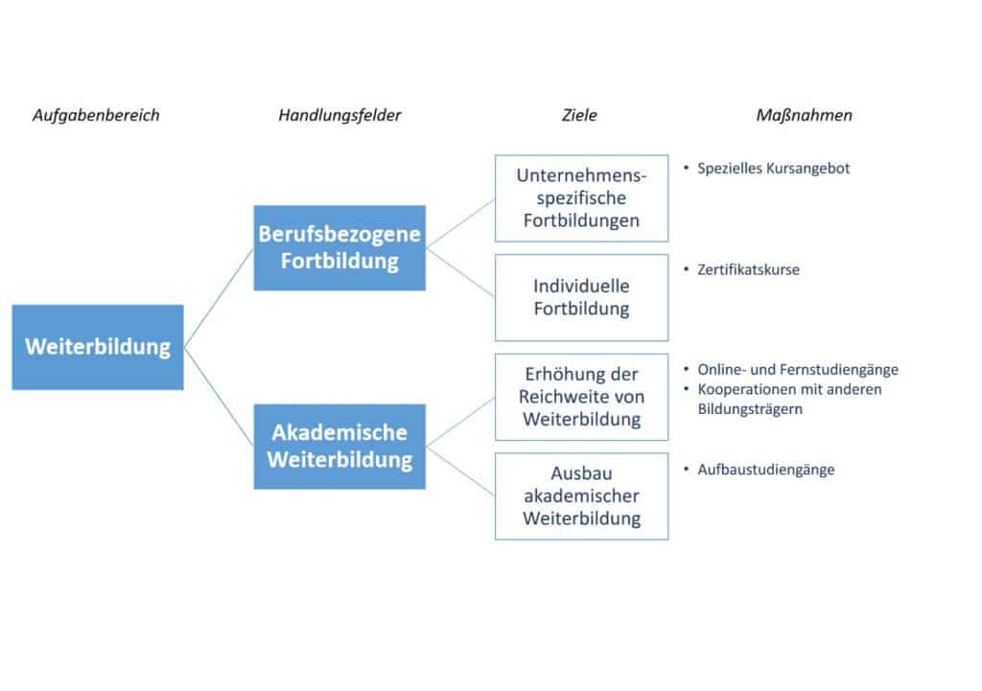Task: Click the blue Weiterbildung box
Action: click(x=98, y=347)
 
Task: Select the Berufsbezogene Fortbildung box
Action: click(x=339, y=248)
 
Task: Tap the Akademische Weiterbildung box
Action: click(x=339, y=447)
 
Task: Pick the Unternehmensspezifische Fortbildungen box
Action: click(x=581, y=198)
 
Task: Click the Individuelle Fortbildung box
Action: click(x=581, y=297)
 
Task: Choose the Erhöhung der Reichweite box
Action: click(x=581, y=397)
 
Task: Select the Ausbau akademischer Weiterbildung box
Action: click(x=581, y=496)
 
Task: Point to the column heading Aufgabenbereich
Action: click(x=97, y=116)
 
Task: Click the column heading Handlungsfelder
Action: click(x=339, y=116)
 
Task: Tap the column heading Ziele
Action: click(x=579, y=115)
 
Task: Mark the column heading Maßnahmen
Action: click(x=805, y=116)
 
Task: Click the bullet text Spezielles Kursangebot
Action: click(x=774, y=169)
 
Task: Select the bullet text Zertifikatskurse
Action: click(x=748, y=269)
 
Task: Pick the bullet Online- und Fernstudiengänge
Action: click(x=798, y=370)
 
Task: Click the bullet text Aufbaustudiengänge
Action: click(x=766, y=470)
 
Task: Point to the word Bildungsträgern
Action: click(x=750, y=409)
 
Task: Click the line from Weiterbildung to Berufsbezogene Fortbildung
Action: click(x=220, y=298)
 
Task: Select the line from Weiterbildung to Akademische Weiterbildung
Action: click(x=220, y=397)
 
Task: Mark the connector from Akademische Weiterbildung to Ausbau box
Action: click(x=460, y=472)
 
